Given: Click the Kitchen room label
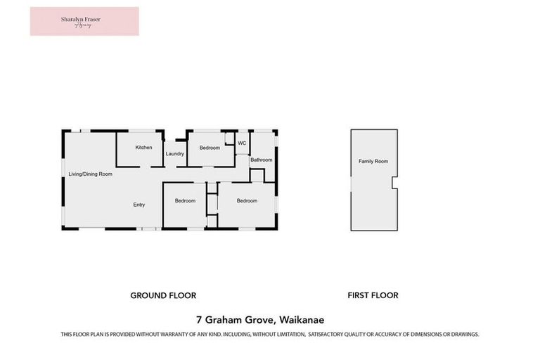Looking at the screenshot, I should pyautogui.click(x=143, y=148).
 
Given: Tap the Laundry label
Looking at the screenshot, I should pyautogui.click(x=175, y=154).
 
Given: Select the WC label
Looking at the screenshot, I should pyautogui.click(x=241, y=143).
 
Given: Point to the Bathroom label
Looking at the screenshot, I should pyautogui.click(x=261, y=160).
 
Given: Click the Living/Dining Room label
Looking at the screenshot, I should pyautogui.click(x=90, y=174).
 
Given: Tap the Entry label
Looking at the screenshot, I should pyautogui.click(x=139, y=205).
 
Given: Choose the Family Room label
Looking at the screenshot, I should pyautogui.click(x=373, y=162).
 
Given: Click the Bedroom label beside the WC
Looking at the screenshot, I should pyautogui.click(x=210, y=148).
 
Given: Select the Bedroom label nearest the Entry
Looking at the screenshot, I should pyautogui.click(x=185, y=201).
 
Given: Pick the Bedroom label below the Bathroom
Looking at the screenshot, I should pyautogui.click(x=247, y=201).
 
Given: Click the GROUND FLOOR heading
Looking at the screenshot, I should pyautogui.click(x=163, y=295).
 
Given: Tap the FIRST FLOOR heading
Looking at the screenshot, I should pyautogui.click(x=373, y=295).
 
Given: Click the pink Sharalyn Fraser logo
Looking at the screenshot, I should pyautogui.click(x=84, y=21).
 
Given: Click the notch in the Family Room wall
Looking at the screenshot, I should pyautogui.click(x=394, y=183).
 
